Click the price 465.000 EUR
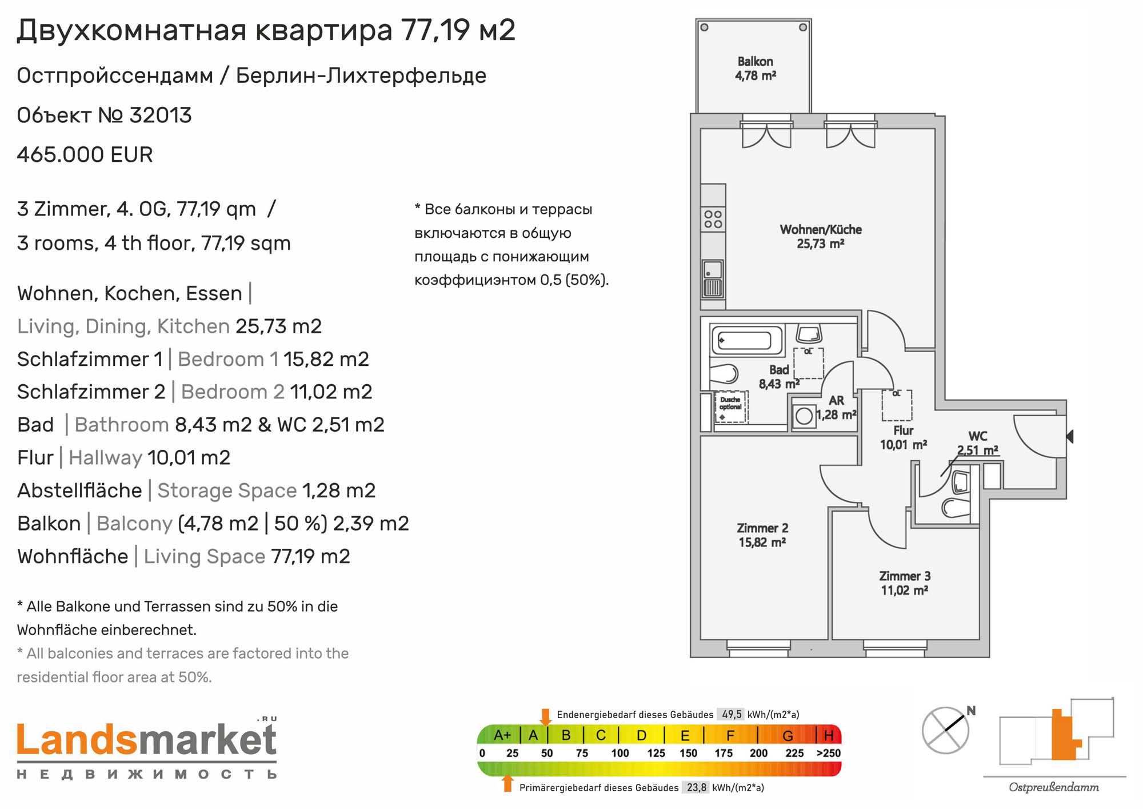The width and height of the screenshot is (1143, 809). coord(85,155)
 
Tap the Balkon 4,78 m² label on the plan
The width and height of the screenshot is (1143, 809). coord(755,69)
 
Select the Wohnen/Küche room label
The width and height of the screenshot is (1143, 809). coord(821,237)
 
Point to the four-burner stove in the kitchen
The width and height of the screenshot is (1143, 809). coord(713,220)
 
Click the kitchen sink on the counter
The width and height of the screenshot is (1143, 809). coord(712,278)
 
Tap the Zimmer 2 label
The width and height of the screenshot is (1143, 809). coord(762,535)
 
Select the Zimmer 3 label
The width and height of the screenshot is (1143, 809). coord(904,583)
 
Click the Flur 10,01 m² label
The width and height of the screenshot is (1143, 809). coord(903,437)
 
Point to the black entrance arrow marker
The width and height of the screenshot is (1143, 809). coord(1070,436)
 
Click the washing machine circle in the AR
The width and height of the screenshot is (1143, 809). coord(804,416)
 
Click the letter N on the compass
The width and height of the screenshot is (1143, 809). coord(971,711)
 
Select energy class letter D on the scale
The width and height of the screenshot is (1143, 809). coord(642,735)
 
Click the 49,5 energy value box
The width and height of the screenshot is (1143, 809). coord(732,715)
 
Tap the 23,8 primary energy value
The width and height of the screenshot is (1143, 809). coord(696,788)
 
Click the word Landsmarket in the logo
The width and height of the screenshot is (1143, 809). coord(147,740)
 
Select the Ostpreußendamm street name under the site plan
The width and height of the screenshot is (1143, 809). coord(1053,788)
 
